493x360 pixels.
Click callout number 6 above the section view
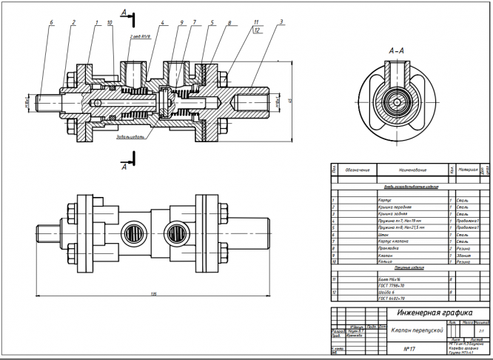point(52,23)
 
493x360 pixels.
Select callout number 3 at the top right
point(282,23)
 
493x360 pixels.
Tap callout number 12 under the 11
point(256,31)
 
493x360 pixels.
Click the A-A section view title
point(395,50)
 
